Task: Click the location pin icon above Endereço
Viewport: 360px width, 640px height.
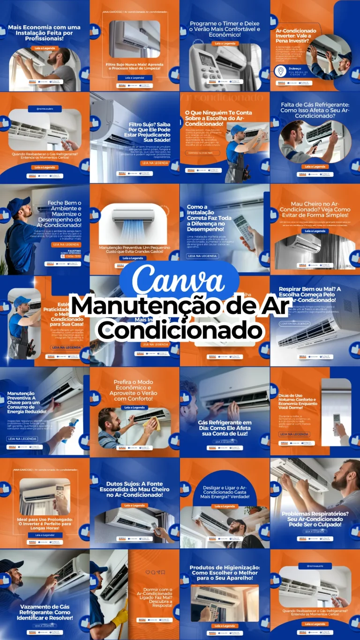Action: click(280, 71)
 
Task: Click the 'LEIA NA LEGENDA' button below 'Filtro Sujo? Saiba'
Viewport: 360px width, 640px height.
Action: click(155, 163)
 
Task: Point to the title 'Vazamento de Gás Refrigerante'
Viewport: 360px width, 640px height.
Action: click(46, 612)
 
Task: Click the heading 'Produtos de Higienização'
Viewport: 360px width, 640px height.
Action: click(225, 572)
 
